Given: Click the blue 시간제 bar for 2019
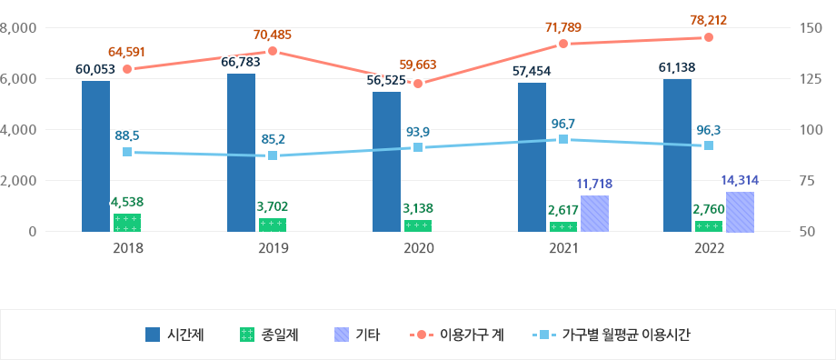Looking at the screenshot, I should [241, 153].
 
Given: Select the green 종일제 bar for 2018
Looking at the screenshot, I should [127, 223].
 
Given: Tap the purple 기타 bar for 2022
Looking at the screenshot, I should [740, 212].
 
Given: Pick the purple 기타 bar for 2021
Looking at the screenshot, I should [594, 214].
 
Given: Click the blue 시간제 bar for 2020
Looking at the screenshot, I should [386, 162].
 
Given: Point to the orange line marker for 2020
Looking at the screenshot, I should [418, 84].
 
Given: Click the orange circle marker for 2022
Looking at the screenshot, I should [709, 37].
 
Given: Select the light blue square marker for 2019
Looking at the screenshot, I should [273, 155].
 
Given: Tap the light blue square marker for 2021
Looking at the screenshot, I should [563, 139].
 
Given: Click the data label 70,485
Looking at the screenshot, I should [273, 35].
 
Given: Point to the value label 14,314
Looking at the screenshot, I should [740, 180].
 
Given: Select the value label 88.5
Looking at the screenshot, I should [127, 135].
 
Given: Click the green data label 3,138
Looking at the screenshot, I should [418, 208].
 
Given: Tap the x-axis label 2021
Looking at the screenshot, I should [563, 248].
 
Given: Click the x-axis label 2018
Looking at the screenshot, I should [127, 248].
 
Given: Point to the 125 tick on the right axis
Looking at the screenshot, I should [811, 79].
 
